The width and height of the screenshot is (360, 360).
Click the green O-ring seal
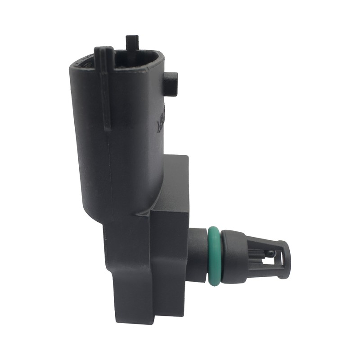click(x=214, y=256)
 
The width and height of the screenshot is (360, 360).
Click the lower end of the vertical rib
click(x=106, y=128)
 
